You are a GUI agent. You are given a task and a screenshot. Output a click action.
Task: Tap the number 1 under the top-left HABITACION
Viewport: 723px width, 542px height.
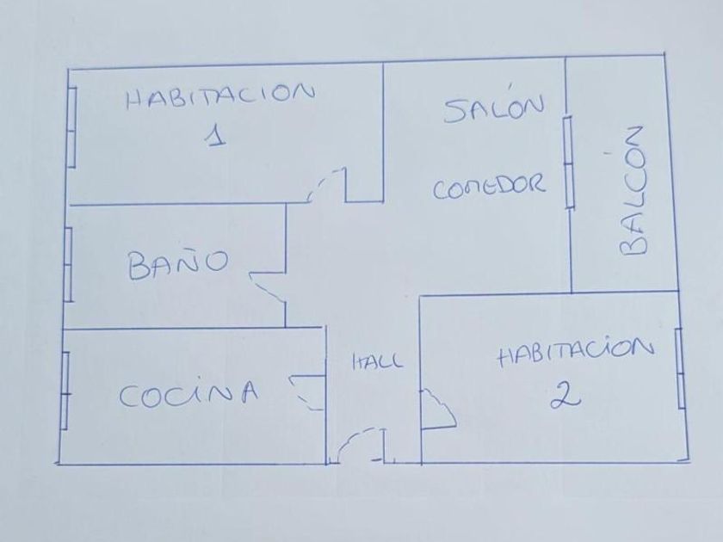click(x=217, y=136)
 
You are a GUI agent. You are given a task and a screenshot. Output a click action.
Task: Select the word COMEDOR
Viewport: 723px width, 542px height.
click(x=489, y=187)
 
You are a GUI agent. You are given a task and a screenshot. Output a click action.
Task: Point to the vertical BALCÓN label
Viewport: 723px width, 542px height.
click(x=633, y=191)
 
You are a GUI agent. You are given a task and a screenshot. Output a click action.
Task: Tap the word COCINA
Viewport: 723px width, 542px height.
click(x=188, y=395)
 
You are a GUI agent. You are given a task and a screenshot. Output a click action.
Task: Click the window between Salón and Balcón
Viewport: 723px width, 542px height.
click(x=569, y=162)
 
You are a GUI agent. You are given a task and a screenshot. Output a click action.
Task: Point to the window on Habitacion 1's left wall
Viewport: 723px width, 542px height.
click(x=73, y=127)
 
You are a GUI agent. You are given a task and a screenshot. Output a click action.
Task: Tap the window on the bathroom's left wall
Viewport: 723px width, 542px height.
click(x=69, y=265)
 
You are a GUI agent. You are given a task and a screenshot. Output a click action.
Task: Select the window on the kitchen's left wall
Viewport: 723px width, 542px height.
click(x=65, y=389)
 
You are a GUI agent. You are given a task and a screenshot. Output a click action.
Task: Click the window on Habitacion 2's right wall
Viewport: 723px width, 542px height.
click(x=679, y=368)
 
